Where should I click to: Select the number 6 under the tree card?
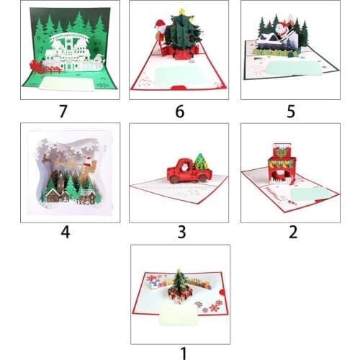pyautogui.click(x=179, y=111)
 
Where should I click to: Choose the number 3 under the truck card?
pyautogui.click(x=181, y=232)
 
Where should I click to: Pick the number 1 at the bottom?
pyautogui.click(x=182, y=353)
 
